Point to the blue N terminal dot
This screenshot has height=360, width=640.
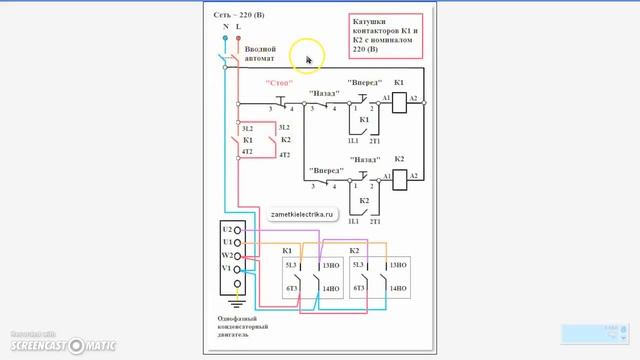pyautogui.click(x=225, y=38)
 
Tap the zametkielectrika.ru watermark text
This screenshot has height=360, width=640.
pyautogui.click(x=304, y=214)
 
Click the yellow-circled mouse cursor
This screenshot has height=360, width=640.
pyautogui.click(x=308, y=58)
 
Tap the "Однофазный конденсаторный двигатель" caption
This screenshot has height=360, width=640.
pyautogui.click(x=245, y=327)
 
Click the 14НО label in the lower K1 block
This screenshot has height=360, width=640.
pyautogui.click(x=331, y=289)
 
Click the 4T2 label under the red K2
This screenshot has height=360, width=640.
pyautogui.click(x=284, y=155)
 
